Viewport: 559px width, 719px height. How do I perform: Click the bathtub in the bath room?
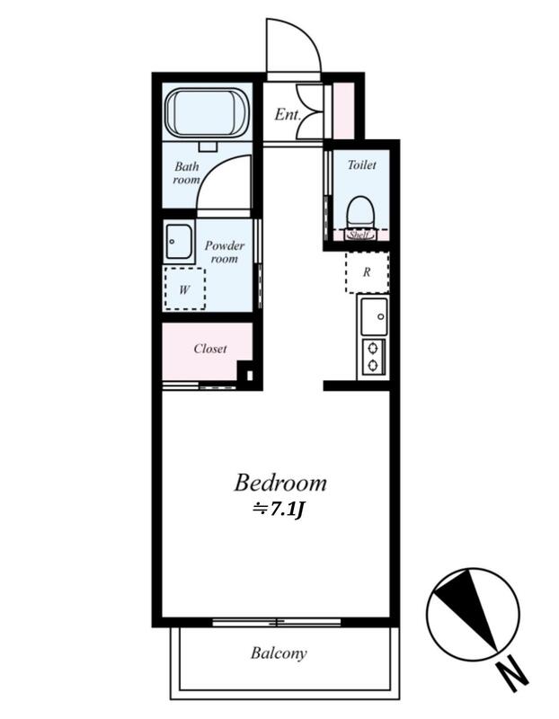tap(207, 113)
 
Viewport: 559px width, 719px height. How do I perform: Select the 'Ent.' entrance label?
tap(287, 115)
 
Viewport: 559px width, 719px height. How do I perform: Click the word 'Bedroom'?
tap(280, 483)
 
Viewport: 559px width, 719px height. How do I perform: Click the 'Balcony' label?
tap(279, 653)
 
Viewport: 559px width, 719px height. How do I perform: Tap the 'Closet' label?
tap(210, 349)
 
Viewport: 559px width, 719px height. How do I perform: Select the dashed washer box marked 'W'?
tap(185, 288)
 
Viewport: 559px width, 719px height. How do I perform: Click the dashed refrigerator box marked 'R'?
tap(367, 272)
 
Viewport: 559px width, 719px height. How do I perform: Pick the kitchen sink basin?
tap(374, 316)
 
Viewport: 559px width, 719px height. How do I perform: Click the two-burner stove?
tap(373, 358)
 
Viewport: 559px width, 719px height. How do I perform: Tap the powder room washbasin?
tap(179, 241)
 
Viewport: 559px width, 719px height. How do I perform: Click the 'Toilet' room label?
tap(362, 164)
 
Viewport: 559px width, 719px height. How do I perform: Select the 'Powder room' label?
tap(225, 252)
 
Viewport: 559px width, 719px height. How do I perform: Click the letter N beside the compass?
tap(513, 675)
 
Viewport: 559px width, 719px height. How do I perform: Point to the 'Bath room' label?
tap(187, 173)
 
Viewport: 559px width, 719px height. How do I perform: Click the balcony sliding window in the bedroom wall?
tap(277, 622)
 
